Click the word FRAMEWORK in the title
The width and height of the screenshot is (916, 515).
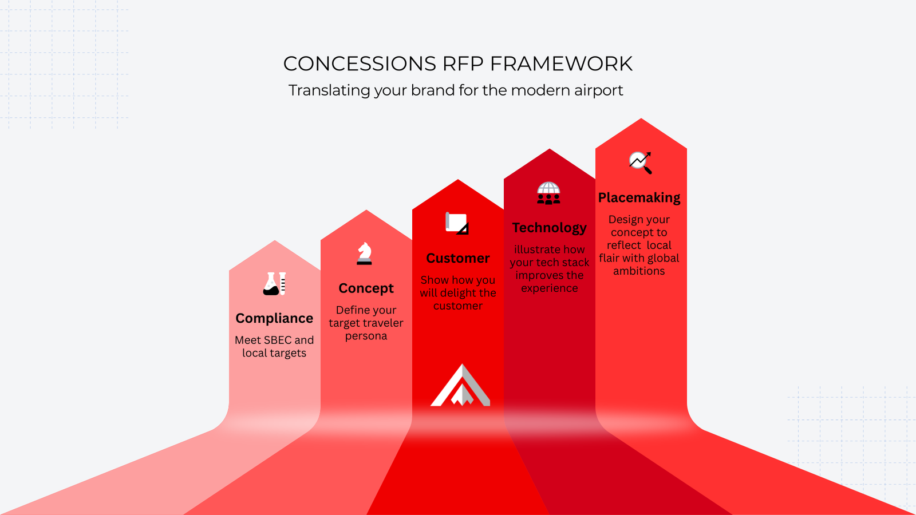[561, 64]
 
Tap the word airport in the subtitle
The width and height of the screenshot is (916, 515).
[599, 91]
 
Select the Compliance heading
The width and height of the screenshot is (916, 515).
[274, 318]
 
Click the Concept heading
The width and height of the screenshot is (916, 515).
[366, 288]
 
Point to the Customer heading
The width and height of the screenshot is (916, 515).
[458, 258]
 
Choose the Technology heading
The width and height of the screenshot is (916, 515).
[549, 228]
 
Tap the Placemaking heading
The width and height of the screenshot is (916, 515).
[639, 198]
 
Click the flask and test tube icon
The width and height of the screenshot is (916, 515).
[274, 284]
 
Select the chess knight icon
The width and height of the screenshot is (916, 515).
[364, 253]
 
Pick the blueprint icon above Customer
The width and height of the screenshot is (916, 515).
[457, 223]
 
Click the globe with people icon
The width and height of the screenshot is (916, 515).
[548, 193]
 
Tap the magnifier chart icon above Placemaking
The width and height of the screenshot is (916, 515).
[641, 163]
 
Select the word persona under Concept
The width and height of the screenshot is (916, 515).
[366, 336]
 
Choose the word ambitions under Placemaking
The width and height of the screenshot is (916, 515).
[639, 271]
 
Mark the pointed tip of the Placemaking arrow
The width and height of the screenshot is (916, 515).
[641, 118]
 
